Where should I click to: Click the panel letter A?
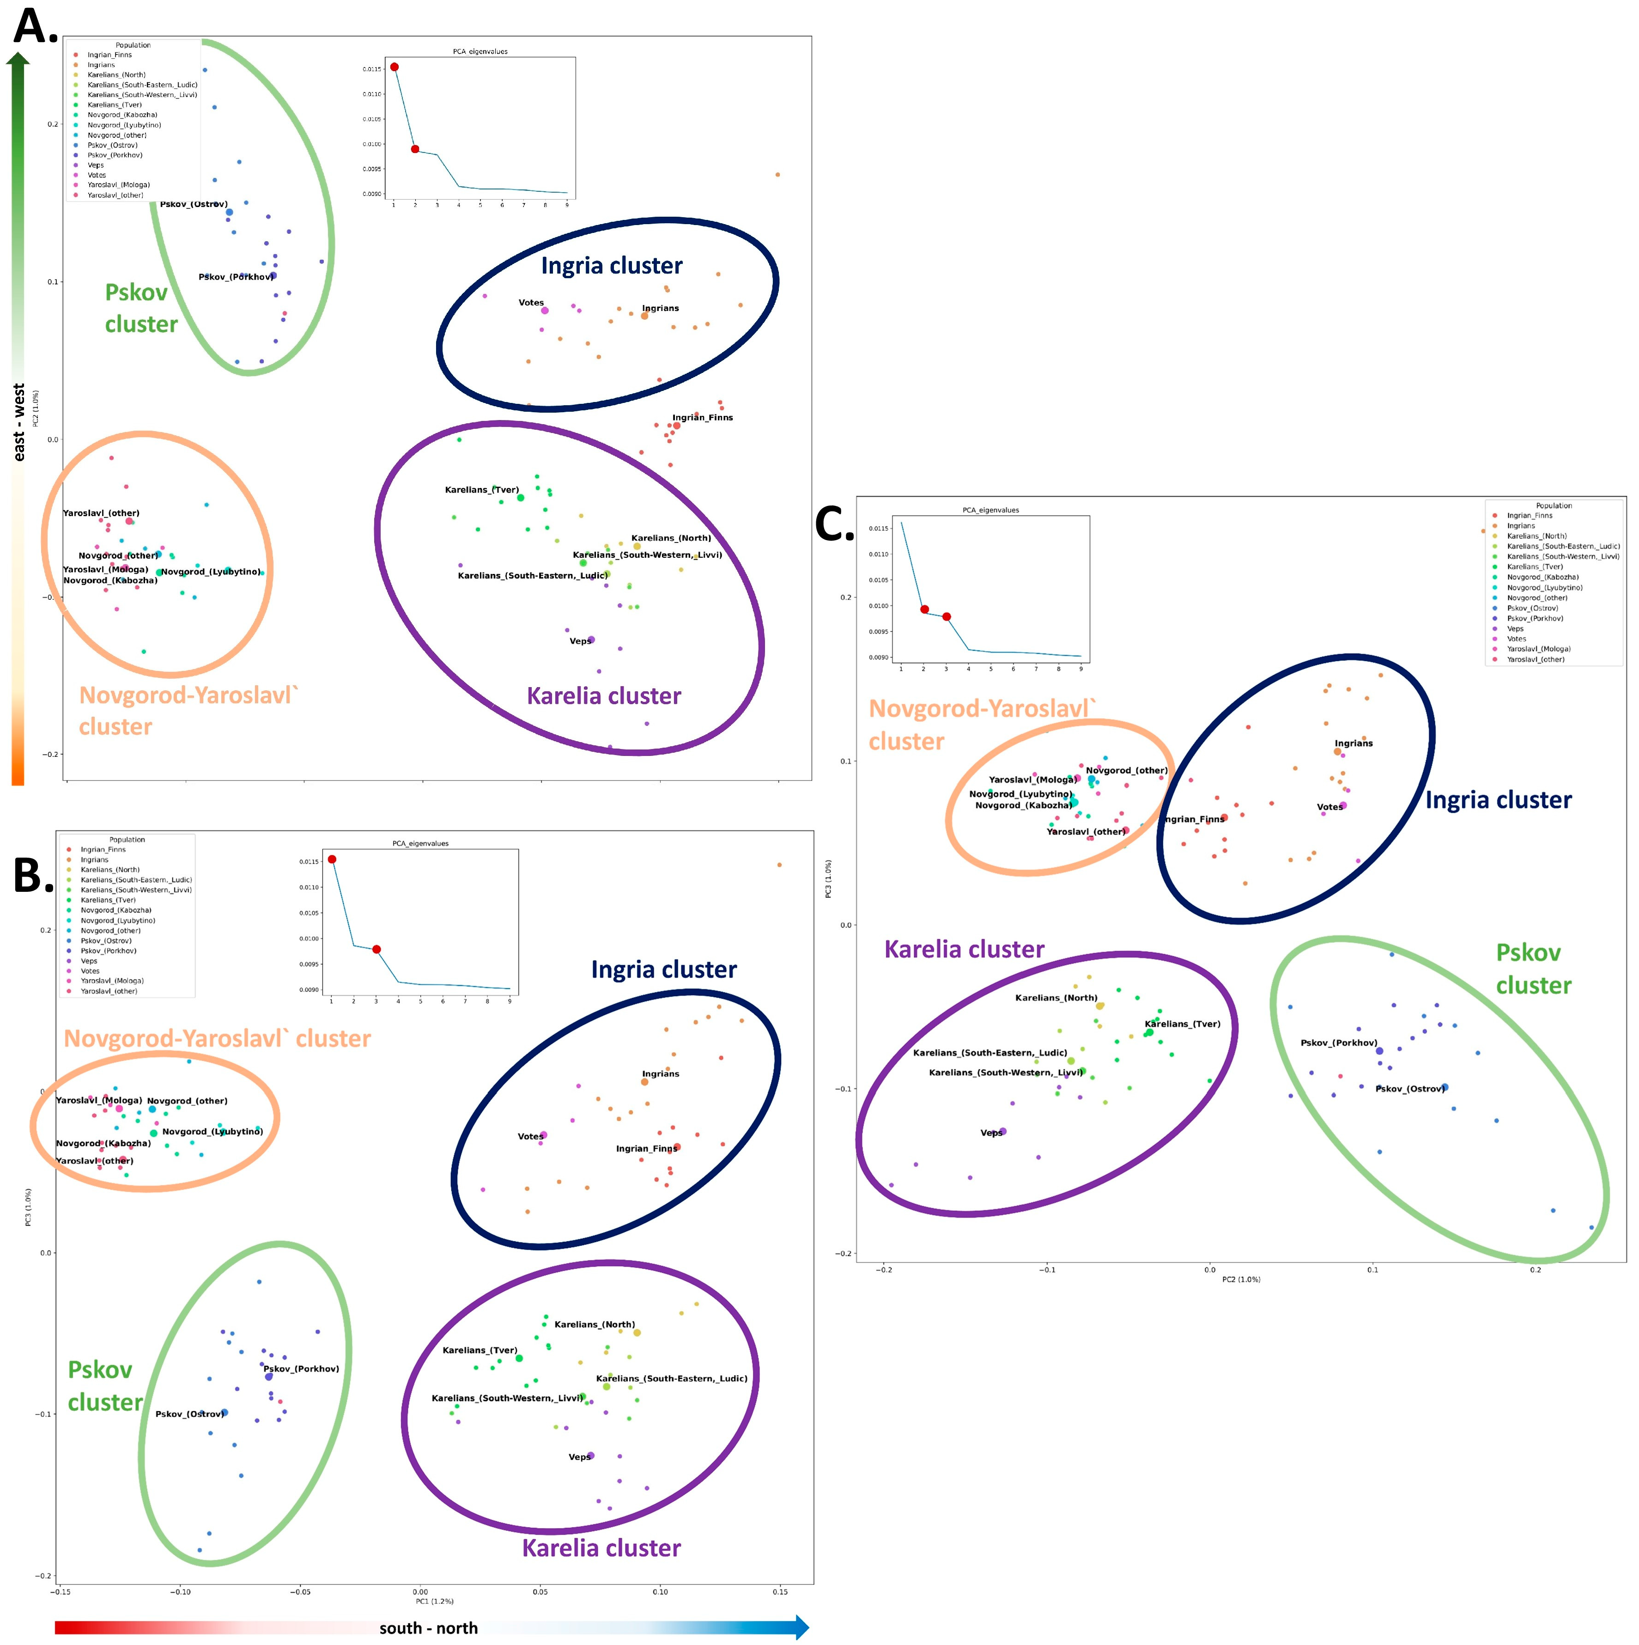(34, 27)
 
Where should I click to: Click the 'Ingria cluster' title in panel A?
(611, 266)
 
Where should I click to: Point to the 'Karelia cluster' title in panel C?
(964, 950)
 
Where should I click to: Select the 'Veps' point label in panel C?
(991, 1133)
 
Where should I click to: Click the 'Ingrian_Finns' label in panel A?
(703, 417)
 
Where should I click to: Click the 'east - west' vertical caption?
(19, 421)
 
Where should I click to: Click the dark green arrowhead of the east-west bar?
(18, 58)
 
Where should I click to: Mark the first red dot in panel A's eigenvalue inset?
(394, 67)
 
